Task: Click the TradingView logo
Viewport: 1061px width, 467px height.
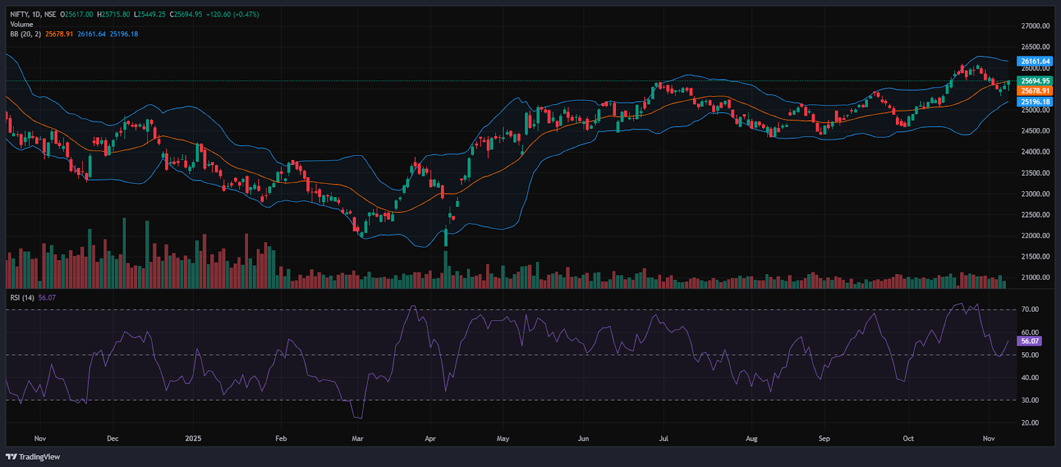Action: tap(32, 456)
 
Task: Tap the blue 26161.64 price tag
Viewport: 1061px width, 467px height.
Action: tap(1035, 61)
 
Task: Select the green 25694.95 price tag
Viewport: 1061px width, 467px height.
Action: tap(1035, 81)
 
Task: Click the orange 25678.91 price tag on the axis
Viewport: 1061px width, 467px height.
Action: tap(1035, 91)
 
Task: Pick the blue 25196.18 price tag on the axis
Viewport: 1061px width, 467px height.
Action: tap(1035, 102)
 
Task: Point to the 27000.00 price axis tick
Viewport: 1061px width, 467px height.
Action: tap(1035, 26)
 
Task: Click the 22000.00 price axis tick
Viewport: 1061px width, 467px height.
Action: tap(1035, 235)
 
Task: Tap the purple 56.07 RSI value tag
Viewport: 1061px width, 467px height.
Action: tap(1030, 341)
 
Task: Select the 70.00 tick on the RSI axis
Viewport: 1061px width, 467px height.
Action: tap(1030, 309)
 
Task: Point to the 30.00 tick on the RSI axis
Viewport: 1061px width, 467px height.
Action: tap(1030, 400)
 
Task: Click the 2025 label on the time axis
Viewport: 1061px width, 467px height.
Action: tap(193, 438)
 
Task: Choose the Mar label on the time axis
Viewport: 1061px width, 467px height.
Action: tap(357, 438)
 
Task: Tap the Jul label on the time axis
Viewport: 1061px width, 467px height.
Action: tap(663, 438)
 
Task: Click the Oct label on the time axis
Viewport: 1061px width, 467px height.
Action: tap(908, 438)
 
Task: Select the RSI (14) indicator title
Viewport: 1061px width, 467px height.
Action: tap(23, 298)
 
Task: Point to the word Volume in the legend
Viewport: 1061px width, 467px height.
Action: tap(21, 24)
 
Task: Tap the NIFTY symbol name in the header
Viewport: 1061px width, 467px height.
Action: tap(20, 14)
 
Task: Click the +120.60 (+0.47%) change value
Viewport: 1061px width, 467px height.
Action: tap(232, 14)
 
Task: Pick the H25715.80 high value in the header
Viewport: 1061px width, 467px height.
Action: tap(113, 14)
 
